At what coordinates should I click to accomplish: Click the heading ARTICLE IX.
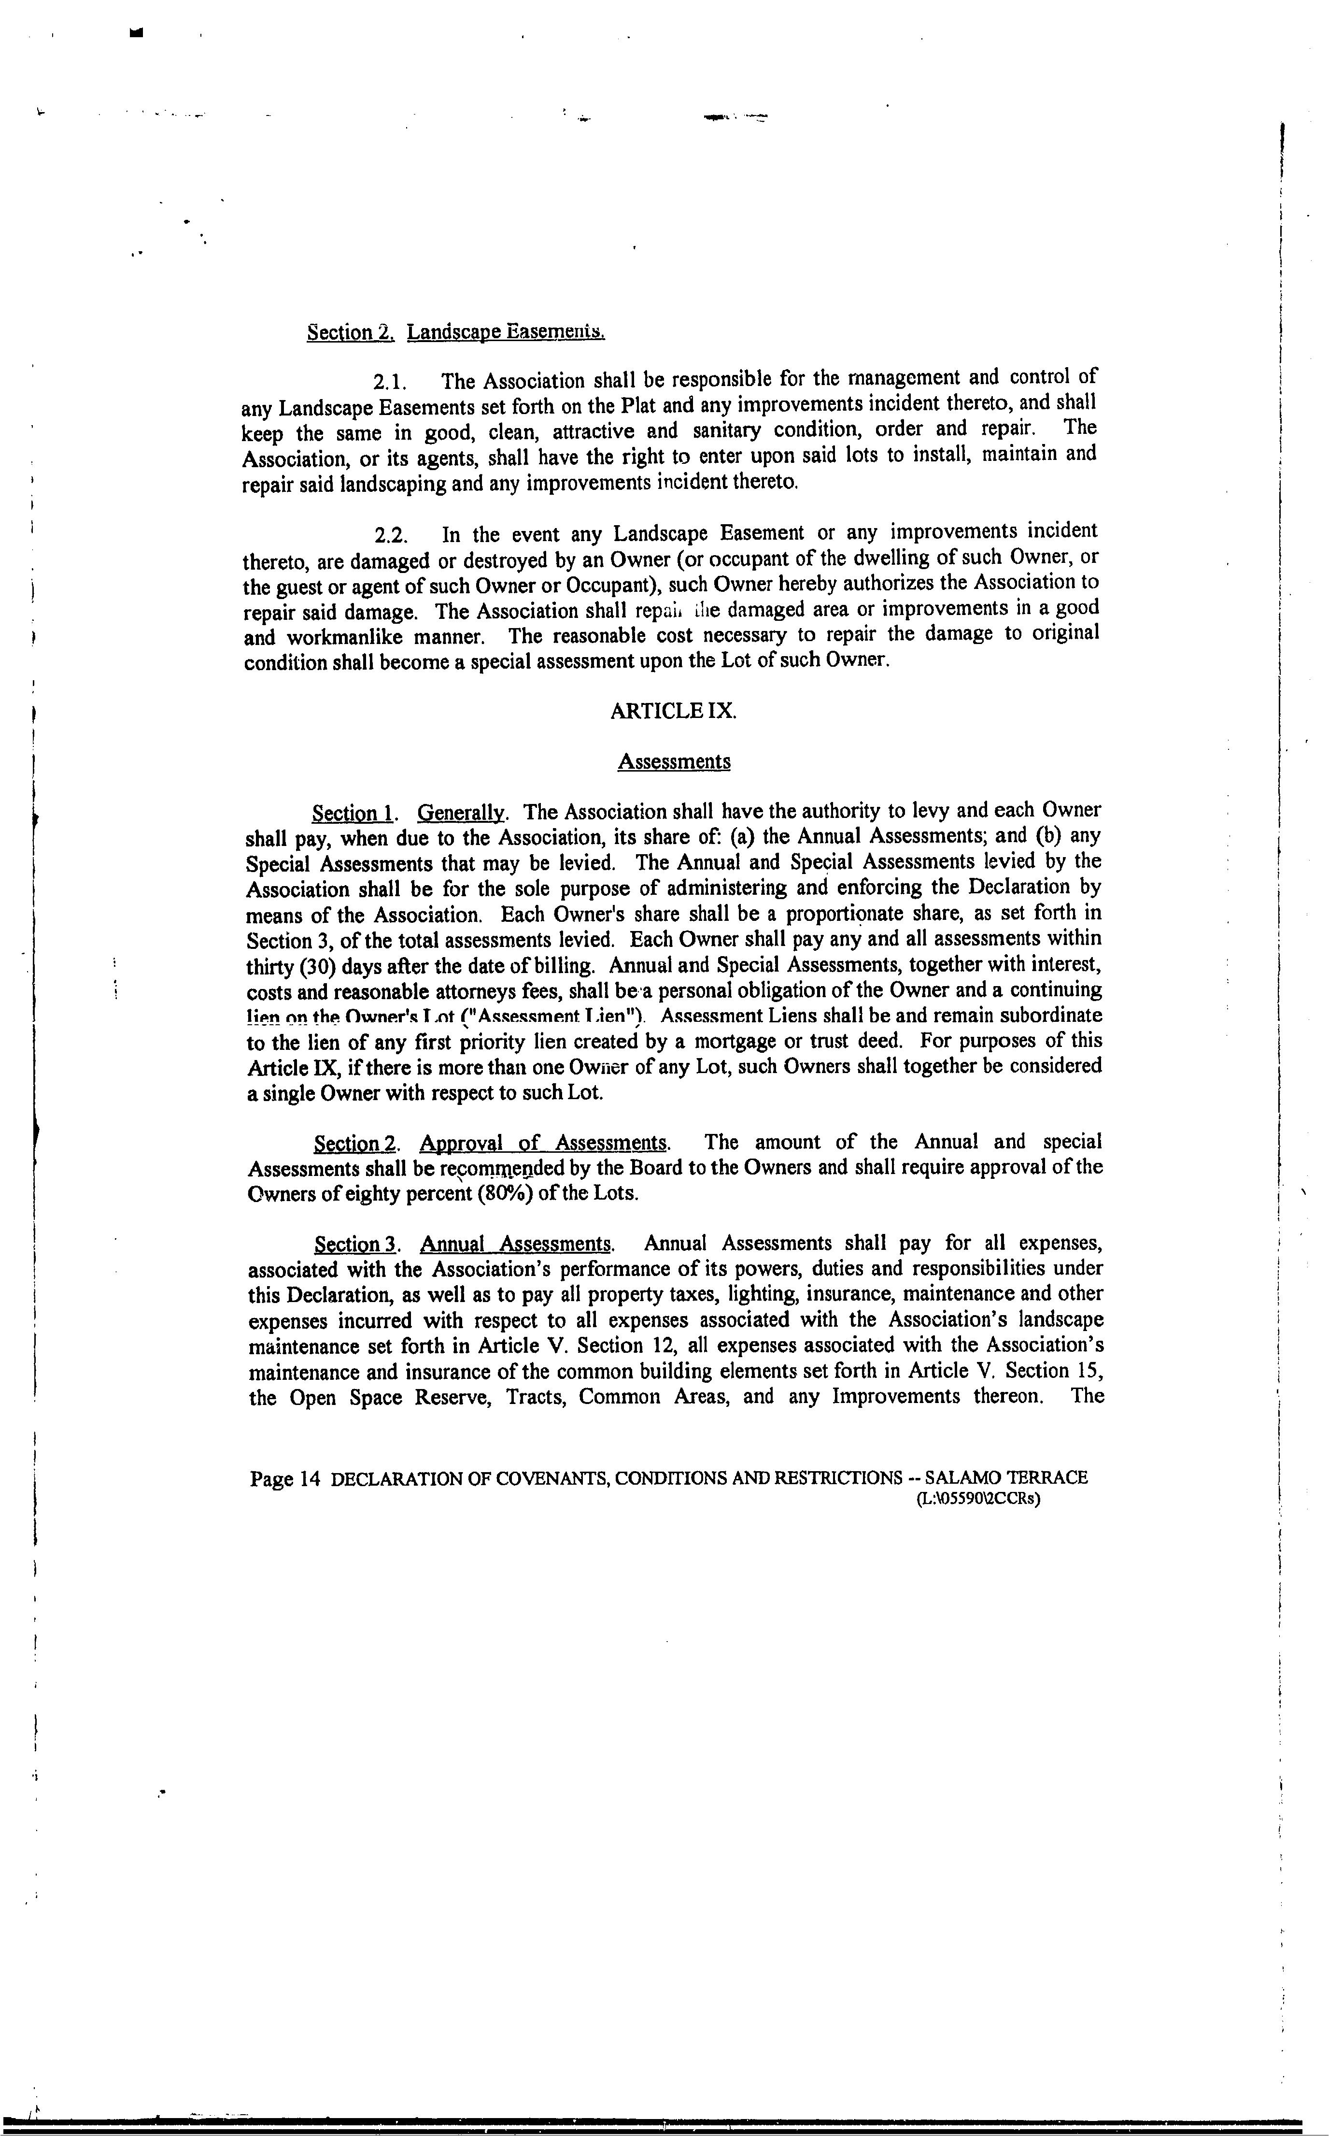673,711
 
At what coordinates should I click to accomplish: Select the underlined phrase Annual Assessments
516,1244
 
